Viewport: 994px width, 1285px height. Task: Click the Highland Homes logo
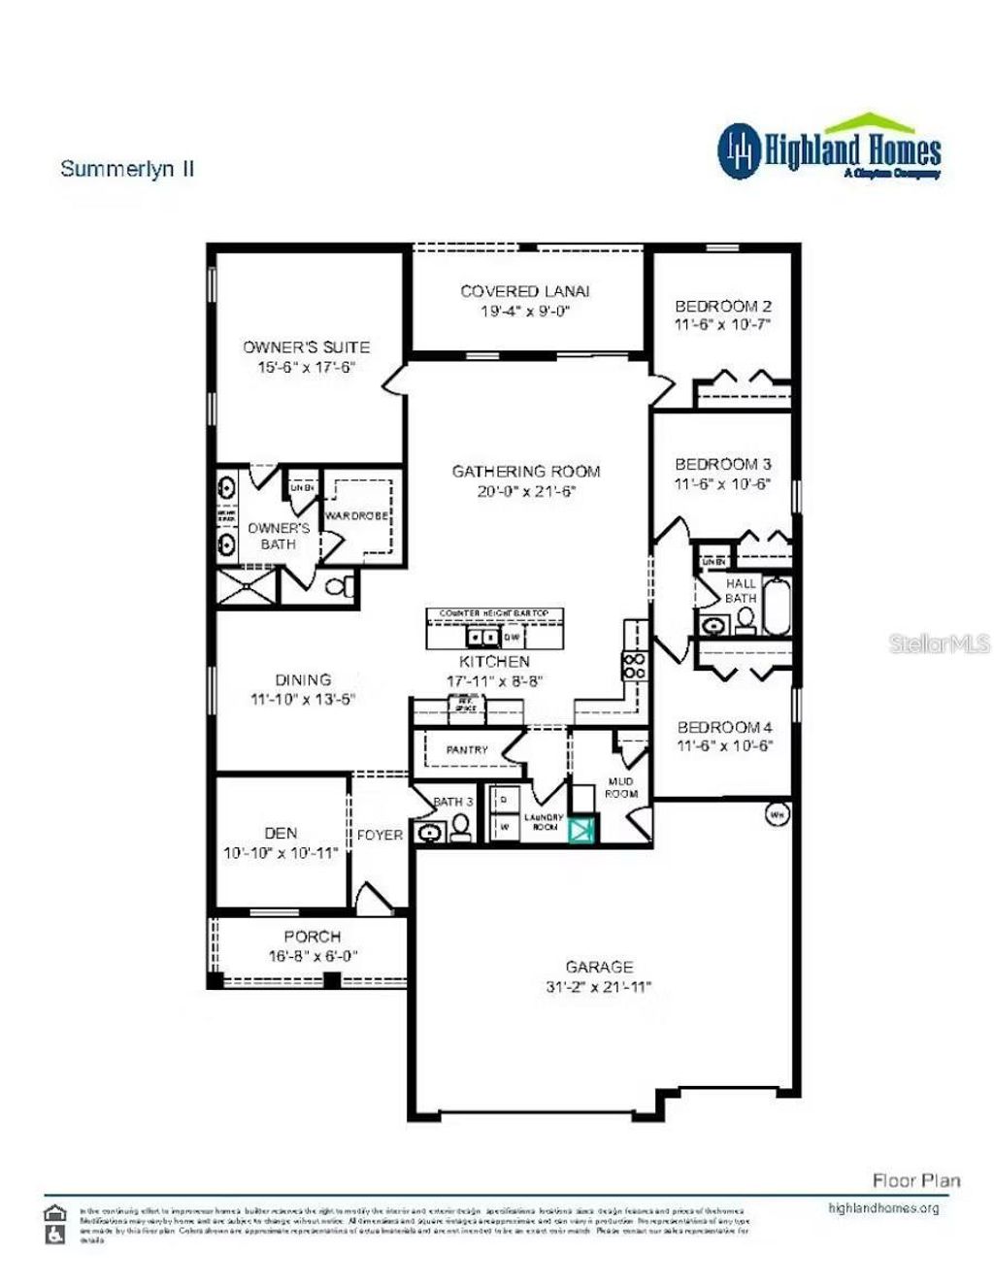click(829, 148)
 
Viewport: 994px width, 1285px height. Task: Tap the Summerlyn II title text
click(127, 169)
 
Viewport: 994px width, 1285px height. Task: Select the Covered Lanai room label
click(524, 291)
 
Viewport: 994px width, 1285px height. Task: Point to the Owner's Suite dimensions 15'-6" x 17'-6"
click(307, 367)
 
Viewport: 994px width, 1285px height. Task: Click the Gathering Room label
click(526, 472)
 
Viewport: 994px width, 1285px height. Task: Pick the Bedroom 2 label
click(723, 306)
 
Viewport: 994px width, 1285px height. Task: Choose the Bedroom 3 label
click(723, 464)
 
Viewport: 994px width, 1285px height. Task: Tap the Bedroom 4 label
click(724, 727)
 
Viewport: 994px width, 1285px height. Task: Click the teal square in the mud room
click(583, 830)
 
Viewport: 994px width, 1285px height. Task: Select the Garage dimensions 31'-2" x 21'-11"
click(599, 988)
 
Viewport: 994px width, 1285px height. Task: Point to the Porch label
click(312, 937)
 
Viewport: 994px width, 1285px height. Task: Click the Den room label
click(281, 833)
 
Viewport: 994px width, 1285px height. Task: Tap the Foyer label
click(380, 835)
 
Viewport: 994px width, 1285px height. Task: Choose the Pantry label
click(467, 750)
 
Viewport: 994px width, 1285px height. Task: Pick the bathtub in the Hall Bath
click(778, 607)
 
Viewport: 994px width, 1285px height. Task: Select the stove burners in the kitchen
click(634, 665)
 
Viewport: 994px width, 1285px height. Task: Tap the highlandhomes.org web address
click(883, 1208)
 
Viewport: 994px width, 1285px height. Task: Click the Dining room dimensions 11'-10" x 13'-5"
click(303, 699)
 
